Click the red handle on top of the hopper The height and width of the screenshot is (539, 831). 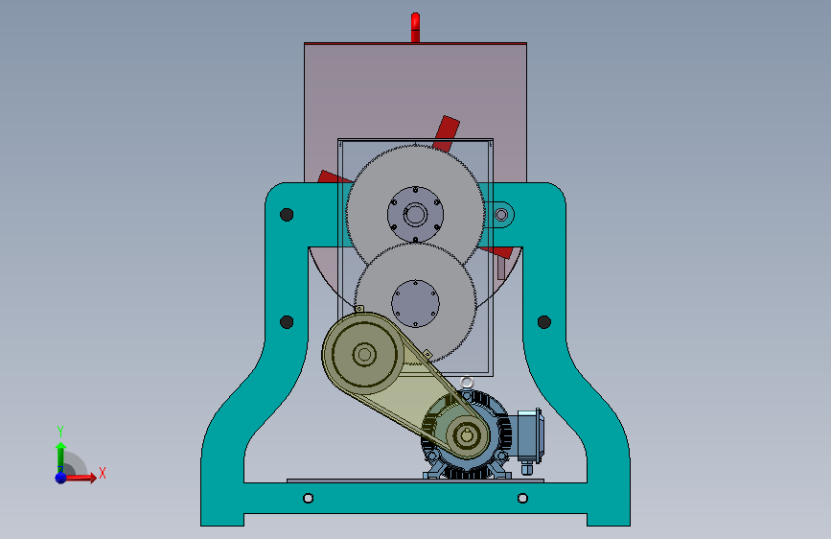pos(415,27)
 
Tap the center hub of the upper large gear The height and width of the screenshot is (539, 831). pos(415,214)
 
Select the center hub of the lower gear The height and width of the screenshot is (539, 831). pos(416,303)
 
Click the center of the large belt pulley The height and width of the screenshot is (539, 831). pos(364,355)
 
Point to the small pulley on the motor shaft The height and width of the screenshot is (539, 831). pos(467,436)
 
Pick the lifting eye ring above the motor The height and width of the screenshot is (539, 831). pos(467,382)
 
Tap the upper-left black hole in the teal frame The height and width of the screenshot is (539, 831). pos(287,214)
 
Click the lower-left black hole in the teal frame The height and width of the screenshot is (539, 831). pos(287,322)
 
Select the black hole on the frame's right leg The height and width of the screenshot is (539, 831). pos(543,322)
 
